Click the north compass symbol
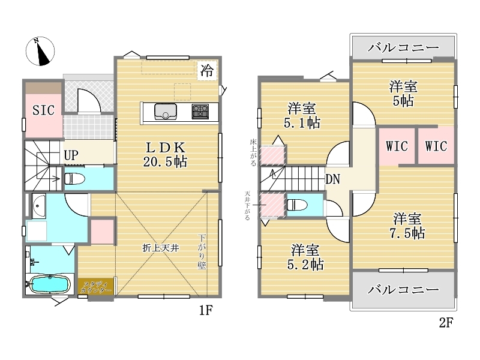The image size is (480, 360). pos(40,51)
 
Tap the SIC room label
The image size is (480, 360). pos(43,110)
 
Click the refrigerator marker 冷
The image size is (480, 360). pos(207,71)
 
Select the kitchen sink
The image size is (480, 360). pos(166,112)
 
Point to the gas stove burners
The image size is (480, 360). pos(200,112)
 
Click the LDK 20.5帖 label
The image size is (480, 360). pos(166,155)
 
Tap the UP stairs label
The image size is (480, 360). pos(71,155)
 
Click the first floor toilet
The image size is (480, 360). pos(74,179)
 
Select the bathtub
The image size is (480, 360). pos(49,284)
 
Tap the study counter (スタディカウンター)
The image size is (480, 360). pos(95,287)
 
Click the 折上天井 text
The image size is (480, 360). pos(160,248)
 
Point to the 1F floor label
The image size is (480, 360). pos(206,310)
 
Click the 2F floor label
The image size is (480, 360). pos(446,322)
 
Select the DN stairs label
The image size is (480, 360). pos(332,179)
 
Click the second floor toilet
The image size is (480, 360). pos(297,205)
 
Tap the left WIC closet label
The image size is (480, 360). pos(397,146)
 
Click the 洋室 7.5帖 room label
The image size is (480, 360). pos(407,226)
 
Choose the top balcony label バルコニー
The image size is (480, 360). pos(403,47)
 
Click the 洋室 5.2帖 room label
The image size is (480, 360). pos(305,257)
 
